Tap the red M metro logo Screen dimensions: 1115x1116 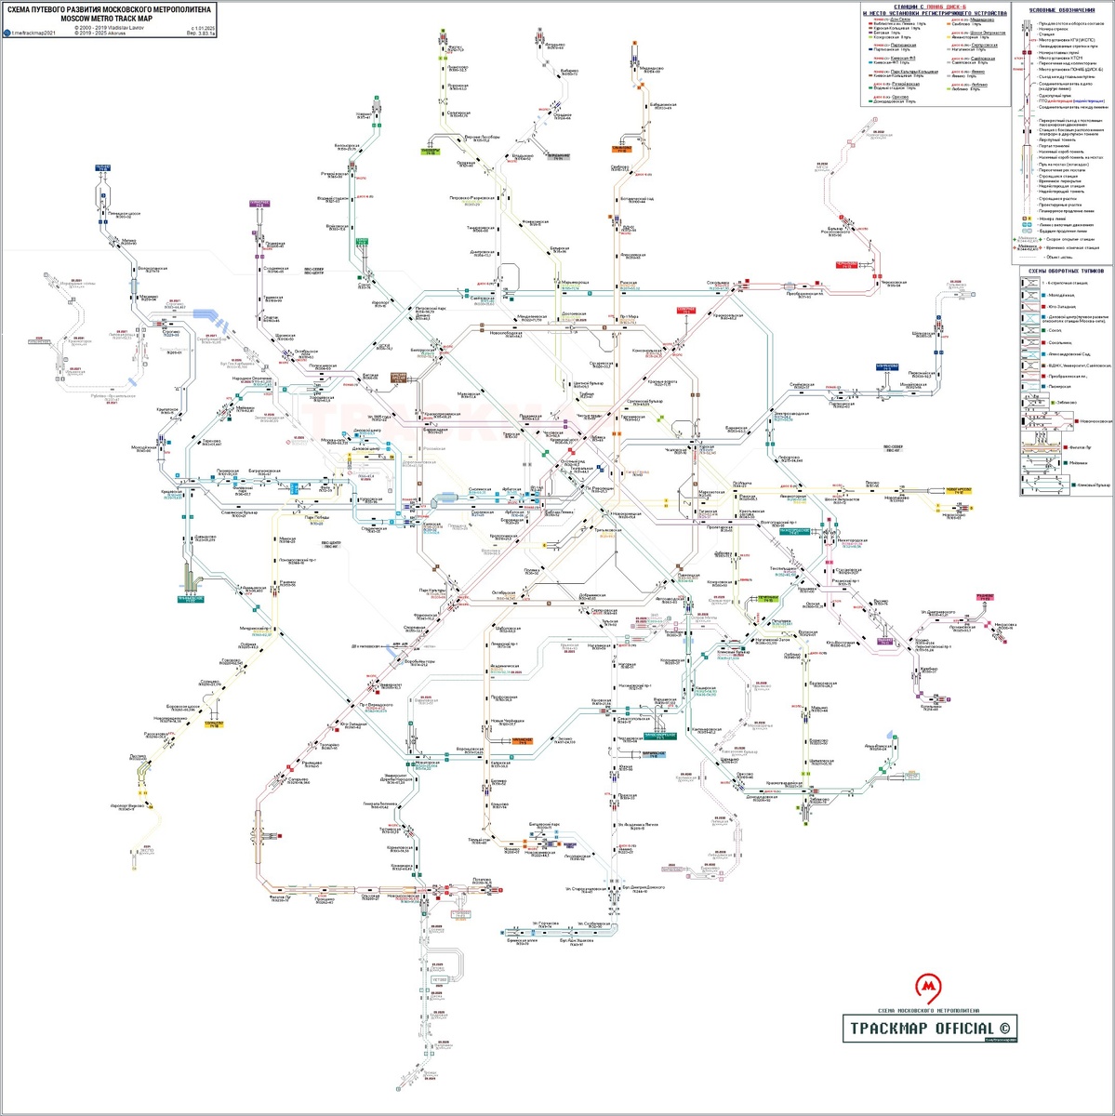click(926, 987)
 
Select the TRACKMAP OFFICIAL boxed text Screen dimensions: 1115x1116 click(929, 1028)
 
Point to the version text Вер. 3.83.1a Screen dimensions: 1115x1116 click(199, 33)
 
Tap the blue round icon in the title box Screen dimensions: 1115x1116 click(7, 33)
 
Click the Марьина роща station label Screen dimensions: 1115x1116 click(575, 283)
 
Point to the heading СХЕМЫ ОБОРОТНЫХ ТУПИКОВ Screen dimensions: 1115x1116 click(1064, 271)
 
